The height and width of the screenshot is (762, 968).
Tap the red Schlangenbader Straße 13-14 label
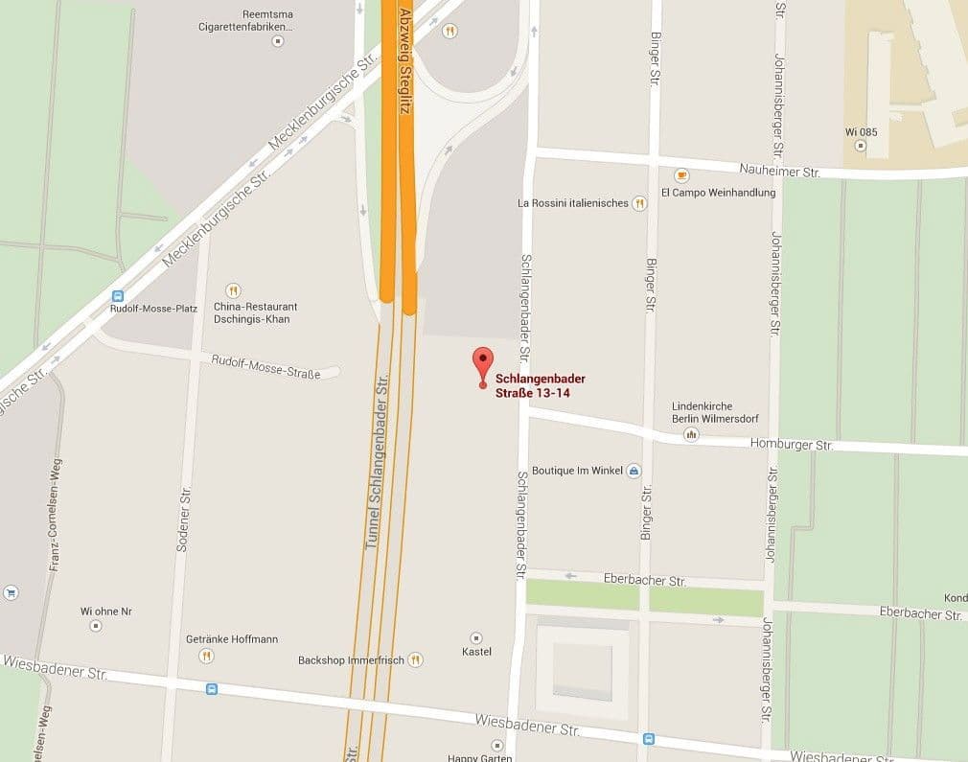coord(540,385)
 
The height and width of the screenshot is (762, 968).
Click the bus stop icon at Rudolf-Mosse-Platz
coord(118,296)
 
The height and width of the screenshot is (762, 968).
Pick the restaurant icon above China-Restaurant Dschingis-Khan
coord(233,290)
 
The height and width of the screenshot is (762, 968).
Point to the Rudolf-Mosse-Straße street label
coord(265,366)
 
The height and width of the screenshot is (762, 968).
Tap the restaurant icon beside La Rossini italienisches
coord(639,203)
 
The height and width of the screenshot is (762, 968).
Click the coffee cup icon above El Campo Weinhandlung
coord(681,175)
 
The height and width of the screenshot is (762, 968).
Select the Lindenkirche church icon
coord(690,435)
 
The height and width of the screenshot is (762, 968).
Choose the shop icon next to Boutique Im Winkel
coord(633,471)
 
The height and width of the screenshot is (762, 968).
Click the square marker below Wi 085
coord(860,147)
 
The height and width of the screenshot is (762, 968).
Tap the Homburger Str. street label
coord(792,445)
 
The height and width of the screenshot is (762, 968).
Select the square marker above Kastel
coord(476,637)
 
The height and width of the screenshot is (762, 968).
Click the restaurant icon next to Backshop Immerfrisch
coord(415,659)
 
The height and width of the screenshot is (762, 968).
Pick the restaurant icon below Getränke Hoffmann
coord(206,656)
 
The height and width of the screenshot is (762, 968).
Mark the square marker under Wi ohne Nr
coord(95,626)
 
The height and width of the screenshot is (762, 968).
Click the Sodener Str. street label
coord(185,519)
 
